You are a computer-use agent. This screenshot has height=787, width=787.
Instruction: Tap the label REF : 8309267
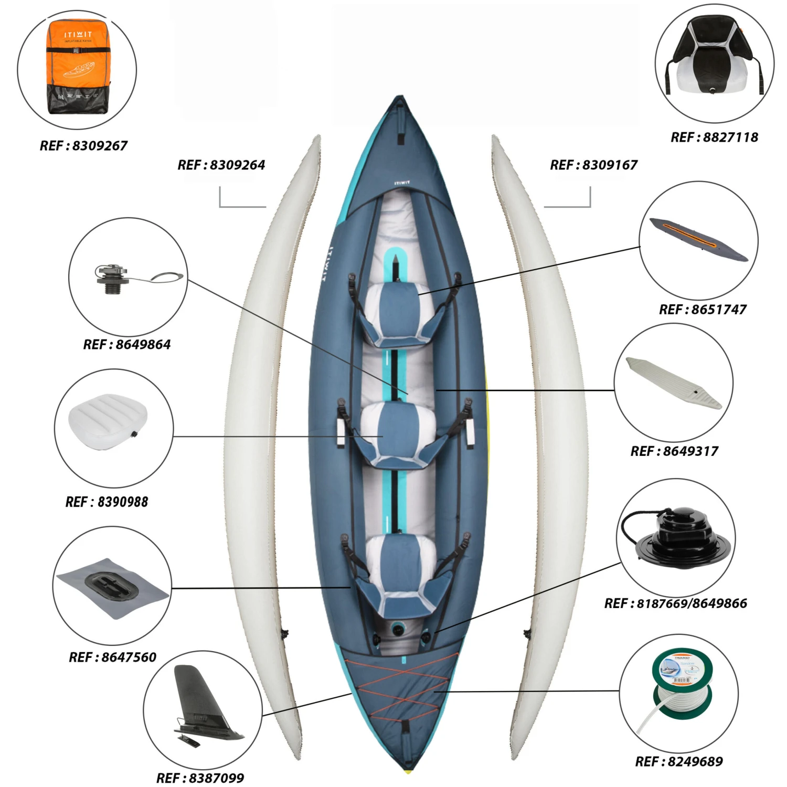(x=83, y=145)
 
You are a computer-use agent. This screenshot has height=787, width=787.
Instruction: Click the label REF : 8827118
(x=714, y=137)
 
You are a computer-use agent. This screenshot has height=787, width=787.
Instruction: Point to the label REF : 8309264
(x=221, y=165)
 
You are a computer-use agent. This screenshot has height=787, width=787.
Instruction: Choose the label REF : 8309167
(x=593, y=165)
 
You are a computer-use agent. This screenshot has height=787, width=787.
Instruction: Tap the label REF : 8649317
(x=674, y=451)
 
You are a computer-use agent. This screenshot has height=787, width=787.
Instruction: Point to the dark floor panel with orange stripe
(x=698, y=240)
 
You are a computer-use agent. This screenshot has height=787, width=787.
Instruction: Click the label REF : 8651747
(x=703, y=310)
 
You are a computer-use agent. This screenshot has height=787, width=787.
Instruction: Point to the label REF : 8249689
(x=679, y=761)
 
